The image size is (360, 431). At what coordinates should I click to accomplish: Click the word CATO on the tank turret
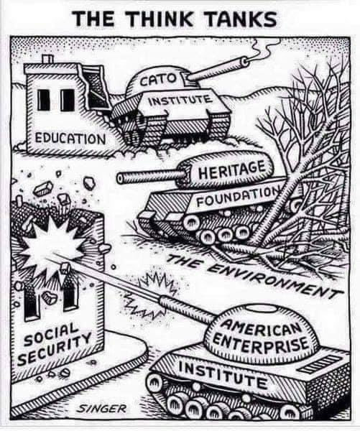coord(160,80)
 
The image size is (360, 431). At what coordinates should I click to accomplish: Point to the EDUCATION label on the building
coord(70,139)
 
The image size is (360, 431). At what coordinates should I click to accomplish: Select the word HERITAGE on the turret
coord(232,170)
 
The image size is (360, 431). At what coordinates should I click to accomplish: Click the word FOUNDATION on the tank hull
coord(238,196)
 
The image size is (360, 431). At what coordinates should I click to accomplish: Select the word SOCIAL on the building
coord(50,334)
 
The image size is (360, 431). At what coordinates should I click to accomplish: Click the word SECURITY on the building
coord(54,348)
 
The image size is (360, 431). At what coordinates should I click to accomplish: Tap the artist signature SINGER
coord(101,409)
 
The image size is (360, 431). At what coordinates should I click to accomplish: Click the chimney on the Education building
coord(48,59)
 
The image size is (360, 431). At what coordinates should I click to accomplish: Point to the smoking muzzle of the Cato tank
coord(245,61)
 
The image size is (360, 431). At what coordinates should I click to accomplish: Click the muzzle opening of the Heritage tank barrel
coord(119,178)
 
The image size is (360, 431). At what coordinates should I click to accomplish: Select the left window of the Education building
coord(43,100)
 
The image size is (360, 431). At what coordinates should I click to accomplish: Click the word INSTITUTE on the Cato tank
coord(180,101)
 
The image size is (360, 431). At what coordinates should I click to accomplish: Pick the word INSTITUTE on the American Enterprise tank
coord(222,375)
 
